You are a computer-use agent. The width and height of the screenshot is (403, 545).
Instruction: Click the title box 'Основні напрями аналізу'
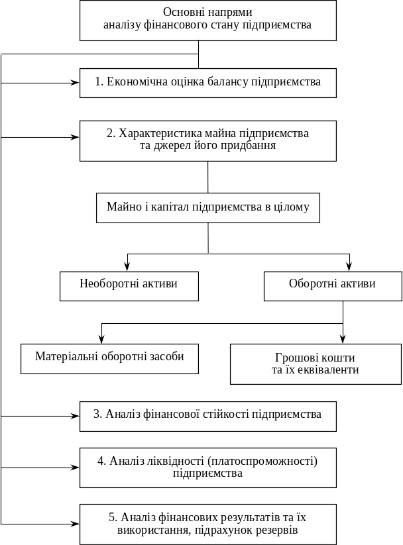(207, 21)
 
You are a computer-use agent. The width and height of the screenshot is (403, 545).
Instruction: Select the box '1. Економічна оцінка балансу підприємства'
(207, 83)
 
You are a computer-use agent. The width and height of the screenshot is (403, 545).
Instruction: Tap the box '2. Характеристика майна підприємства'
(207, 141)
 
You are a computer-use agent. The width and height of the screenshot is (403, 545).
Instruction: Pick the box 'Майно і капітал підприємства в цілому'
(207, 208)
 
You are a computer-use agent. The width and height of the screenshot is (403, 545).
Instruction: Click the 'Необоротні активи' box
(129, 286)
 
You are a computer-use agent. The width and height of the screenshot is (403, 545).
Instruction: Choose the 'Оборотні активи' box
(333, 286)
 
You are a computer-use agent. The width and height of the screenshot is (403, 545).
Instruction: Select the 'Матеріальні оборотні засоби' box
(109, 359)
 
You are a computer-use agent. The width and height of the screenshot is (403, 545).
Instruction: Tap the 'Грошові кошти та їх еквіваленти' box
(316, 364)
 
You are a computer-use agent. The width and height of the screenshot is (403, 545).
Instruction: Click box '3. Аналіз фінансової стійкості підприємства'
(207, 417)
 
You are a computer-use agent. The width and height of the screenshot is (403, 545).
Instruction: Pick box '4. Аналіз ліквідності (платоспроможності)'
(207, 468)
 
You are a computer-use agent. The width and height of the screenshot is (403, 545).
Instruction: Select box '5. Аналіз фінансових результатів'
(207, 524)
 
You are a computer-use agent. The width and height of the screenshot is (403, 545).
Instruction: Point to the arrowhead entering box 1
(76, 83)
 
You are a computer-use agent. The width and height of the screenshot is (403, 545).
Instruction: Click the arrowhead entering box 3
(76, 416)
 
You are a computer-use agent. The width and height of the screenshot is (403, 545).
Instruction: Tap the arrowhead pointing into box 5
(76, 524)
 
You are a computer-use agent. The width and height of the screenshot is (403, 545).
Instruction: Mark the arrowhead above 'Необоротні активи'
(127, 268)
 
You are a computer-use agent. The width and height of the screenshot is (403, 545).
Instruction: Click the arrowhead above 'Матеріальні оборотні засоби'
(101, 340)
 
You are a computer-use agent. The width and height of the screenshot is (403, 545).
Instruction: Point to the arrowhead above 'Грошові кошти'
(343, 340)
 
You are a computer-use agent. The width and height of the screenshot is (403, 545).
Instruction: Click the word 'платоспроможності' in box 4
(262, 462)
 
